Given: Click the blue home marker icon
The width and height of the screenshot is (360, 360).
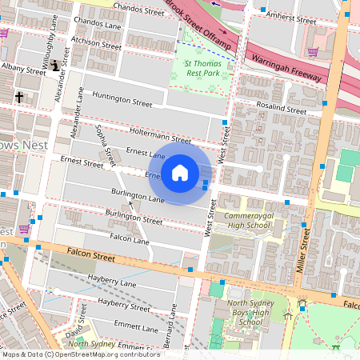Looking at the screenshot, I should (x=180, y=173).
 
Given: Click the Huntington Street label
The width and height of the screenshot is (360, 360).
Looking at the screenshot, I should (x=122, y=99).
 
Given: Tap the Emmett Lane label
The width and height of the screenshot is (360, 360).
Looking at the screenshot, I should (x=136, y=327).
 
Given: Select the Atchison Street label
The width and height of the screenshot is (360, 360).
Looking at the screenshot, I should (x=95, y=40).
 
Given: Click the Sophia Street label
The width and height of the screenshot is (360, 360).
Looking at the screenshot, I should (x=102, y=140).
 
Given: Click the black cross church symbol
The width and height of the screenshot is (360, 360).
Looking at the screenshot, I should (x=18, y=97).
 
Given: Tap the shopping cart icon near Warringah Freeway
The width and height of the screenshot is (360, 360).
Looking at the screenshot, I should (x=313, y=51).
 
